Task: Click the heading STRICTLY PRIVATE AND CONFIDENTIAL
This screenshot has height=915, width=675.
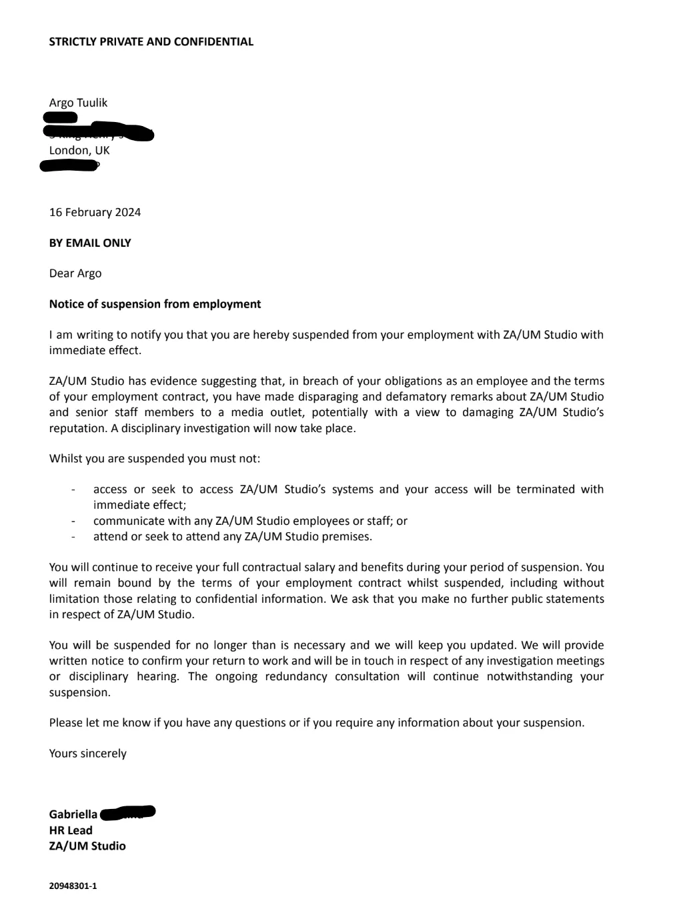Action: [x=151, y=41]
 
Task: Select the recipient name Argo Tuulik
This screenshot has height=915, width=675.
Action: [x=78, y=103]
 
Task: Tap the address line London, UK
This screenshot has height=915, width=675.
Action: [x=79, y=150]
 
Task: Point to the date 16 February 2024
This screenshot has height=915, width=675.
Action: [x=95, y=212]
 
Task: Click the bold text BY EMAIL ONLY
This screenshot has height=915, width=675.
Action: [x=90, y=243]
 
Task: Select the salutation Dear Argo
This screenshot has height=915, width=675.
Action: [x=75, y=273]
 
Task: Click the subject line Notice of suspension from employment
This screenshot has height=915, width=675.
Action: [x=155, y=304]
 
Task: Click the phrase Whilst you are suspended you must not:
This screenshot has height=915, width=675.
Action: [x=155, y=459]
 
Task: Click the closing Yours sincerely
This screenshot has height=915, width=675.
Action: [x=87, y=754]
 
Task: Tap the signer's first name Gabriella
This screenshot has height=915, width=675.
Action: [x=73, y=814]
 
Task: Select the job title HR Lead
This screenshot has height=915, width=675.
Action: [x=71, y=830]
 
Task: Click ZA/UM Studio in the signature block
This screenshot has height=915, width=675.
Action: [x=87, y=846]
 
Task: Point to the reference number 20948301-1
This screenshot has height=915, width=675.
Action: [x=73, y=886]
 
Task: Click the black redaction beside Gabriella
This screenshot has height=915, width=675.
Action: [x=127, y=813]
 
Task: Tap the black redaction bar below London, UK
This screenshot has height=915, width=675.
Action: [x=70, y=165]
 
